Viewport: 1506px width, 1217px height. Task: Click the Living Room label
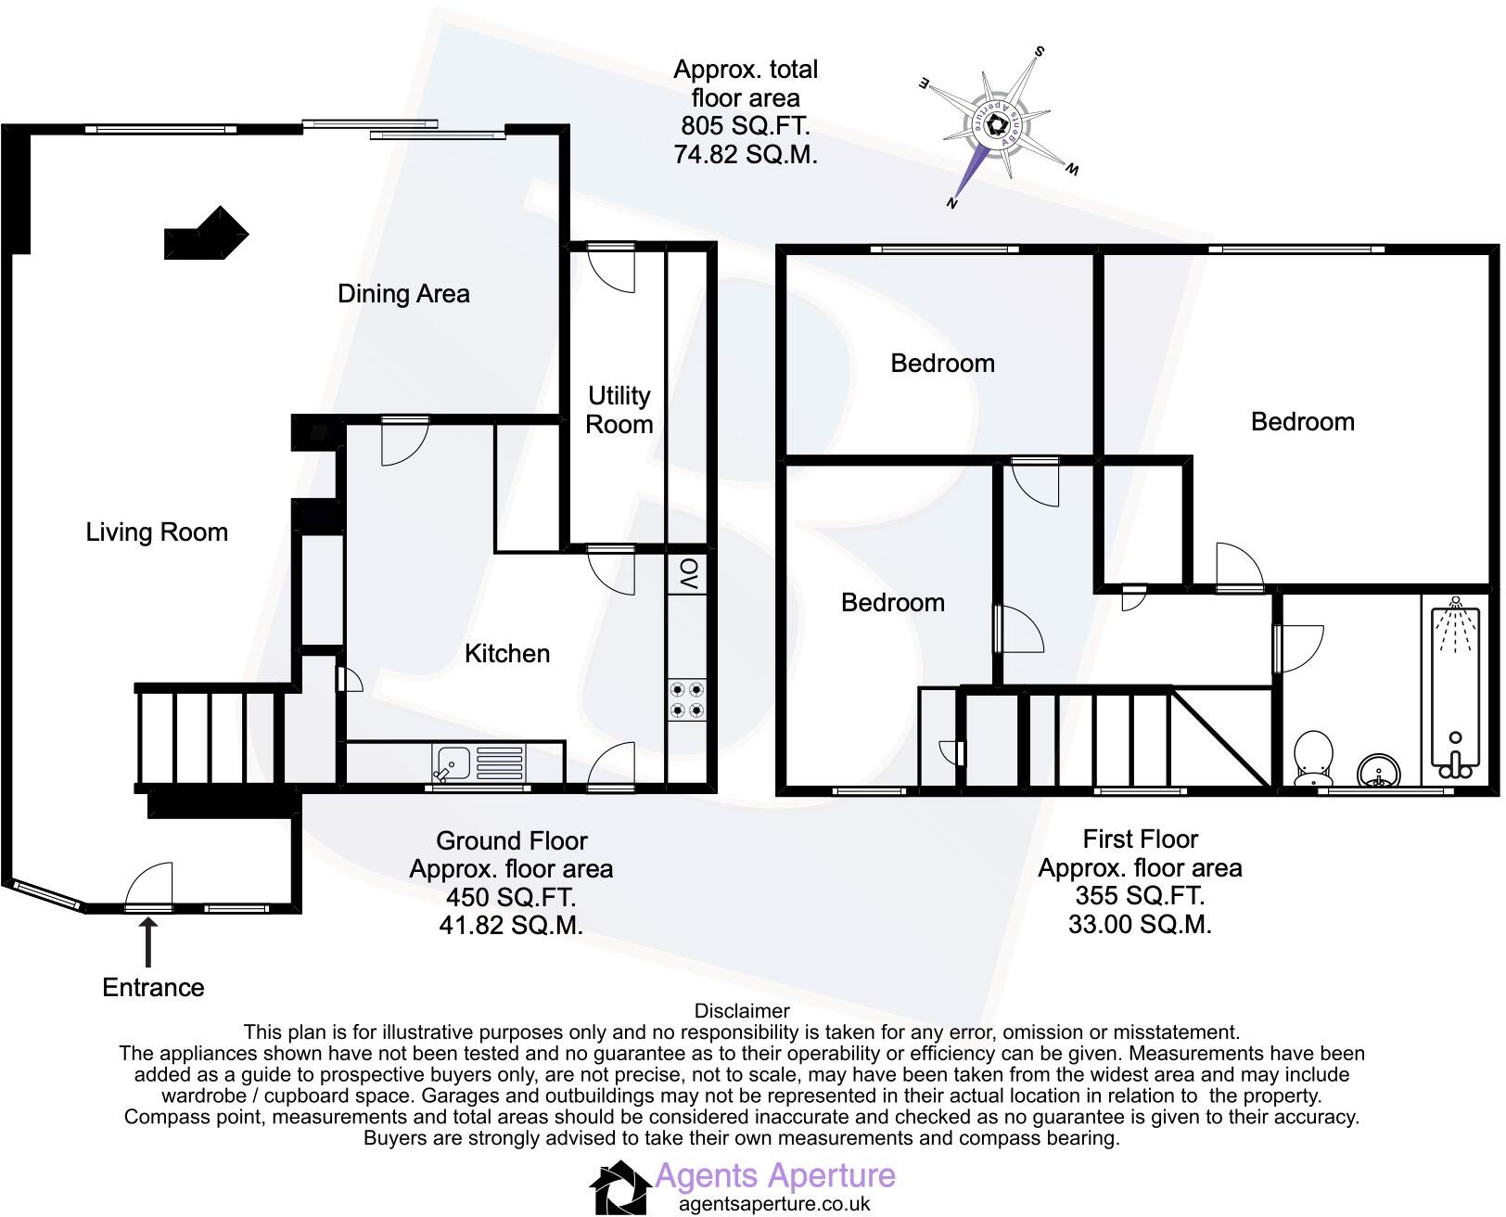click(x=157, y=532)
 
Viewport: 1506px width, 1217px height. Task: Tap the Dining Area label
click(x=403, y=294)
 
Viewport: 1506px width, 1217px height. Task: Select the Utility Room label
click(x=619, y=410)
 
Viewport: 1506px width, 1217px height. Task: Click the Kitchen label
click(x=506, y=654)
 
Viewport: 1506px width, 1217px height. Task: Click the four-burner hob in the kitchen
click(x=686, y=700)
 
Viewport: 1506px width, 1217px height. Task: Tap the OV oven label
click(x=687, y=574)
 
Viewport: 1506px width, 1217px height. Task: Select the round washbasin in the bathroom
click(x=1376, y=772)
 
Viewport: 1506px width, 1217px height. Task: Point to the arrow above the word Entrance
click(x=148, y=939)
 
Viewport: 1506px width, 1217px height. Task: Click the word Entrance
click(x=153, y=988)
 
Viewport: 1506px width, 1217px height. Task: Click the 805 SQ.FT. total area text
click(x=746, y=126)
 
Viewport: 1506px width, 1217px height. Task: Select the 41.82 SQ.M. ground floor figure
click(x=512, y=926)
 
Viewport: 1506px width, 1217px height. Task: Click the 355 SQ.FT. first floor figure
click(x=1140, y=896)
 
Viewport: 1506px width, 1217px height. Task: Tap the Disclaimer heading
click(x=742, y=1011)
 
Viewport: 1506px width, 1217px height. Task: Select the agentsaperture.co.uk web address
click(x=774, y=1205)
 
